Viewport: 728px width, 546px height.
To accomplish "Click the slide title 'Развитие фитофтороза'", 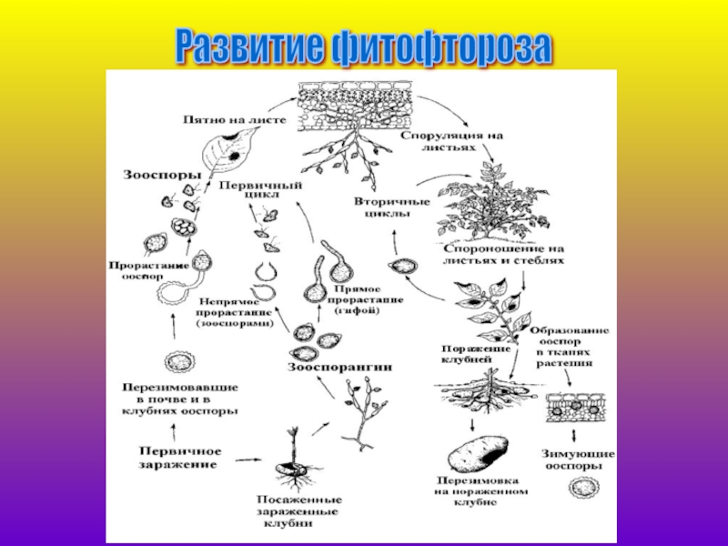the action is coord(363,46).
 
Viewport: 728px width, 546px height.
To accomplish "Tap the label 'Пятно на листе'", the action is coord(235,119).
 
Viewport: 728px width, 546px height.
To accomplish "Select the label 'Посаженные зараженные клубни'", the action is coord(298,511).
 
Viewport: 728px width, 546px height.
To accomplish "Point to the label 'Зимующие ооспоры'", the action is coord(578,460).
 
